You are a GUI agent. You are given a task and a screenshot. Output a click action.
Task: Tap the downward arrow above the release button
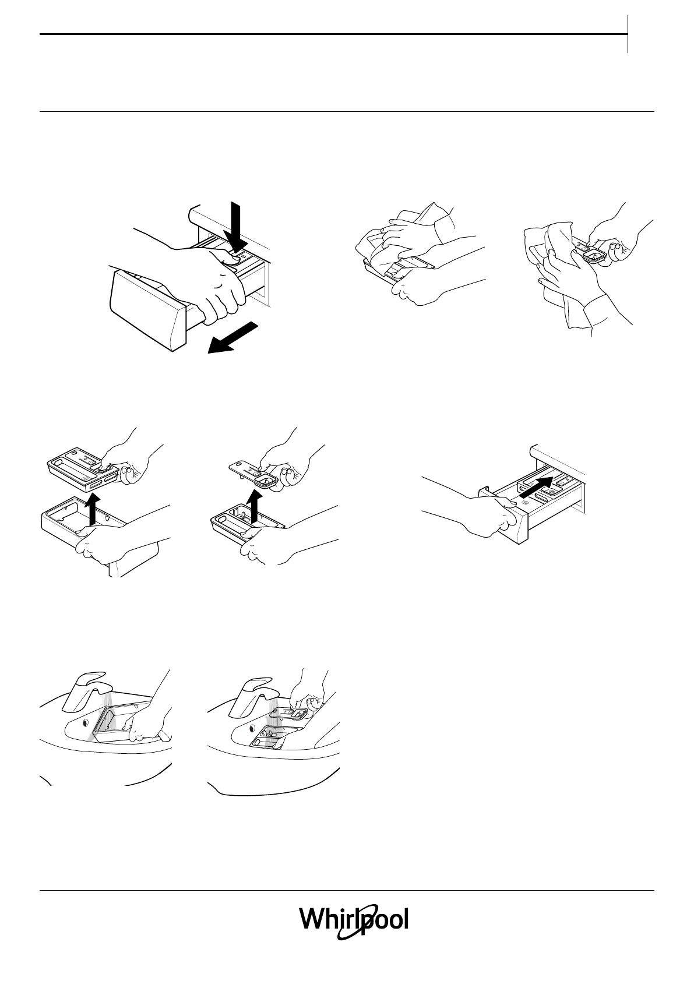(236, 228)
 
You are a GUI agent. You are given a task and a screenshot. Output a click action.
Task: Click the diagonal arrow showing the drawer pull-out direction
(232, 337)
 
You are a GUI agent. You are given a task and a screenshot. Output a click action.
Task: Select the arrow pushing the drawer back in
(537, 487)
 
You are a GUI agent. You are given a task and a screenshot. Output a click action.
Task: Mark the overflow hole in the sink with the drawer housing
(84, 722)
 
